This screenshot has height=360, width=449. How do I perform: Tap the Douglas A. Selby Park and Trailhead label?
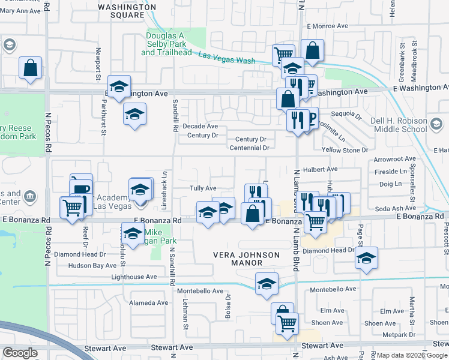[x=165, y=44]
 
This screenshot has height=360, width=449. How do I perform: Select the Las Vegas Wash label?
[x=226, y=58]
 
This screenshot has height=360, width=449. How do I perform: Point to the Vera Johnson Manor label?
[x=247, y=259]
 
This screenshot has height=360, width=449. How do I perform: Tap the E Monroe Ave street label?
[x=327, y=26]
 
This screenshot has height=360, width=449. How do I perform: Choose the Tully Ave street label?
[x=203, y=188]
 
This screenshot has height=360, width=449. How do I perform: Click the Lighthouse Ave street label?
[x=134, y=277]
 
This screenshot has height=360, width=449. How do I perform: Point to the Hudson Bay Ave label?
[x=92, y=265]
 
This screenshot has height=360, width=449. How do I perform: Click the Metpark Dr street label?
[x=398, y=334]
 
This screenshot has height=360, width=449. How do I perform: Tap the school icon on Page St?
[x=366, y=258]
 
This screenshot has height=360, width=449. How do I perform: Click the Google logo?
[x=19, y=353]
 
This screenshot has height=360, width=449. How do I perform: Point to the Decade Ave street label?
[x=200, y=126]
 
